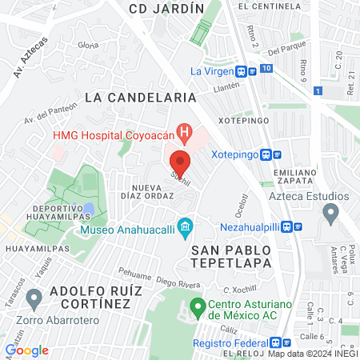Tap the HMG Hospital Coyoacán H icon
coord(185,131)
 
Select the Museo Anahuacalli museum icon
coord(186,228)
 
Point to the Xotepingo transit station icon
coord(277,155)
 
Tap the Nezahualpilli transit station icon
coord(298,226)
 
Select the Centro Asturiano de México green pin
coord(198,306)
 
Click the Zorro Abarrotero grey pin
coord(34,299)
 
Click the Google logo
coord(27,350)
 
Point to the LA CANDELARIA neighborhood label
coord(140,97)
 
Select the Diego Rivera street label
coord(177,282)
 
